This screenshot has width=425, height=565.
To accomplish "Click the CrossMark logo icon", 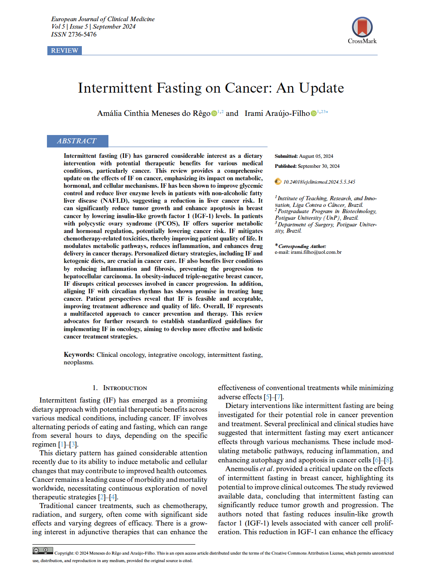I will coord(362,27).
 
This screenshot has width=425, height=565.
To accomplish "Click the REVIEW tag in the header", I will coord(64,51).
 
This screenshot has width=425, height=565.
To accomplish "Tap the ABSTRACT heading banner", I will coord(77,141).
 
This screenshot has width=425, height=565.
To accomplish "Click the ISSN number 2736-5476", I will coord(82,34).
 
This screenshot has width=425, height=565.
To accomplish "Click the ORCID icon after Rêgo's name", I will coord(214,113).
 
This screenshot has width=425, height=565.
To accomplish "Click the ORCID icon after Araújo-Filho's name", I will coord(313,113).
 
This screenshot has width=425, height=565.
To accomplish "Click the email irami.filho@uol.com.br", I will coord(316,252).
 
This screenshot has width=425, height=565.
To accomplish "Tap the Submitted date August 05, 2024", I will coord(316,156).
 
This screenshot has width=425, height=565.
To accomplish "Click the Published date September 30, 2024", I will coord(319,166).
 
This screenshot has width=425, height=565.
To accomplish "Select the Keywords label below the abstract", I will coord(79,355).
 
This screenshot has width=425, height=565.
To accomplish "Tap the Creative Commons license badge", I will coord(43,551).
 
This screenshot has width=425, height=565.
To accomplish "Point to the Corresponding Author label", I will coord(302,246).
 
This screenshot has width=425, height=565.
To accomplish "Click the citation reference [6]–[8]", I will coord(382,460).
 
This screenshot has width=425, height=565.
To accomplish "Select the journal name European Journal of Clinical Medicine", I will coord(103,19).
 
